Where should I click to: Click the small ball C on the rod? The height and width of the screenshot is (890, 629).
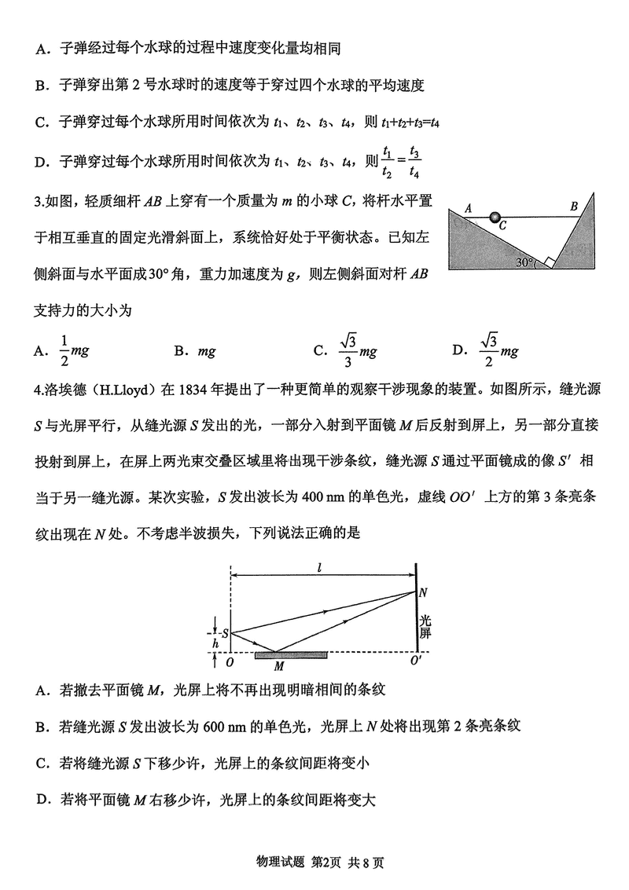tap(495, 217)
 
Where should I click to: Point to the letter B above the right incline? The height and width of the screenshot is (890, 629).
tap(574, 206)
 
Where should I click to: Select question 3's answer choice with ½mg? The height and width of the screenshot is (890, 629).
tap(71, 351)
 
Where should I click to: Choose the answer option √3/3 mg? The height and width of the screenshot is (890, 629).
tap(359, 351)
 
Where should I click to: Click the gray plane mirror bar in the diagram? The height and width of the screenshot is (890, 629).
tap(291, 654)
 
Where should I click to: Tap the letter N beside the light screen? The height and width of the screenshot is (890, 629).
tap(424, 592)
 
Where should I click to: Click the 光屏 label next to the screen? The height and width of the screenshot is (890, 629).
tap(425, 625)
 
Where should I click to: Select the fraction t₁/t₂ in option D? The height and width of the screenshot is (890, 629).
tap(386, 163)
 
